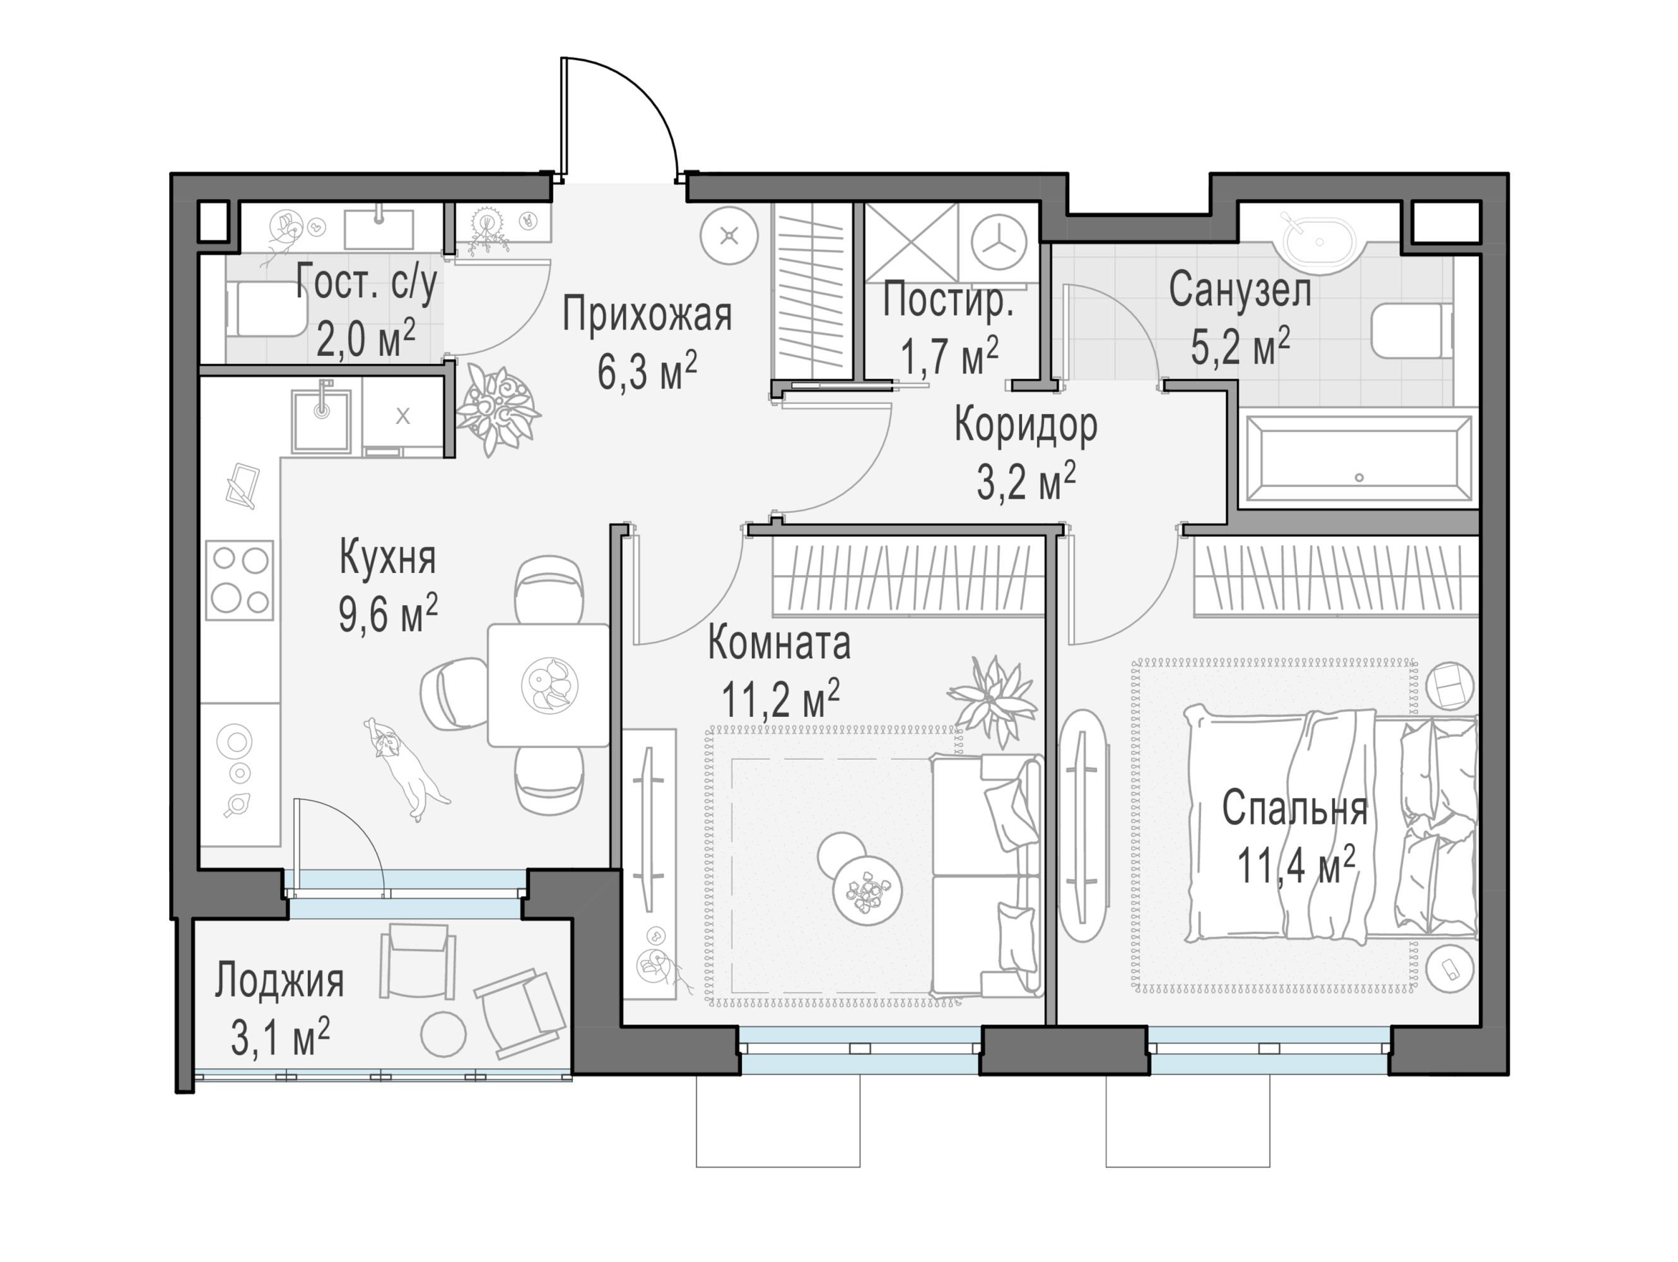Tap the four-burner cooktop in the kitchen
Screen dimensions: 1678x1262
point(240,581)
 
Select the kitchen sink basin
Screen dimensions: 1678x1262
point(322,420)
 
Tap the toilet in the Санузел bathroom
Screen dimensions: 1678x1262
point(1412,330)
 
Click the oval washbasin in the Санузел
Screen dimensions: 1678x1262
point(1320,242)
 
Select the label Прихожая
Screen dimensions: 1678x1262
point(647,315)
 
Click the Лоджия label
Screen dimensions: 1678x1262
point(279,981)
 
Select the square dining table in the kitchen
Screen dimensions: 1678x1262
point(548,685)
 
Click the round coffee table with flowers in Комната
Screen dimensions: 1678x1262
point(867,890)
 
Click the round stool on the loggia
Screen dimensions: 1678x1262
point(443,1034)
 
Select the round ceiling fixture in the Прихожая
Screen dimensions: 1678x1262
point(729,236)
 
